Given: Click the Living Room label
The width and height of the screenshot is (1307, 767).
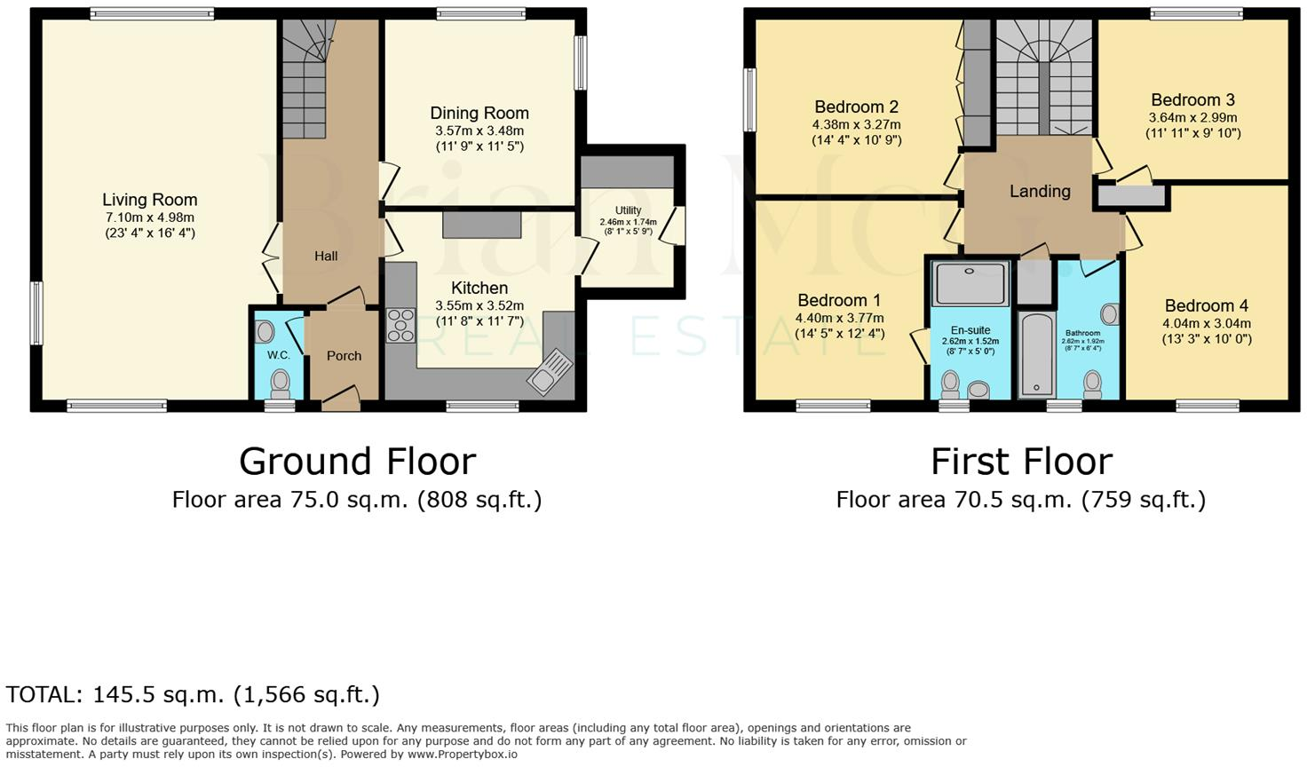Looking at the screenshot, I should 149,200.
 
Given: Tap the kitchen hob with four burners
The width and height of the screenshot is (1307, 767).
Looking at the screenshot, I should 400,325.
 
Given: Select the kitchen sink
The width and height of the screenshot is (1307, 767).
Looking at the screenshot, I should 550,371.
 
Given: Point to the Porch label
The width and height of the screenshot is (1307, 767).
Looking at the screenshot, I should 344,356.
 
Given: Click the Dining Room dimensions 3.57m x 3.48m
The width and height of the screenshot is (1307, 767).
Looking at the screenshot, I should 479,130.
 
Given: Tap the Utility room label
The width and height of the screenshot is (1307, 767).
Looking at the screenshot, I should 628,210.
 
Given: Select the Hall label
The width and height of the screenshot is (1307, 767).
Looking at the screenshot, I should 326,256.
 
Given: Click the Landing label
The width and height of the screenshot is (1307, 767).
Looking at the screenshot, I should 1040,191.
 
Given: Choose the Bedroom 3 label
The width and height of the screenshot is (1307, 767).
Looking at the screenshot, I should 1192,100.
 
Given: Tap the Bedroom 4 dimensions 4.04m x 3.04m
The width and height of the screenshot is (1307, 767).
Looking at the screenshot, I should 1207,323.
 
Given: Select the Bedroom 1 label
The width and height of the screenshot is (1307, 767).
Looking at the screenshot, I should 839,300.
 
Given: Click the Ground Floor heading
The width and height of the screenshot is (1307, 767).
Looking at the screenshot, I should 357,462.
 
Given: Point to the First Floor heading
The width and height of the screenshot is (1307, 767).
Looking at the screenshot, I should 1021,462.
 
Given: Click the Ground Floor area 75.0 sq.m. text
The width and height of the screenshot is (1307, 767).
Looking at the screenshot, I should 356,500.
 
